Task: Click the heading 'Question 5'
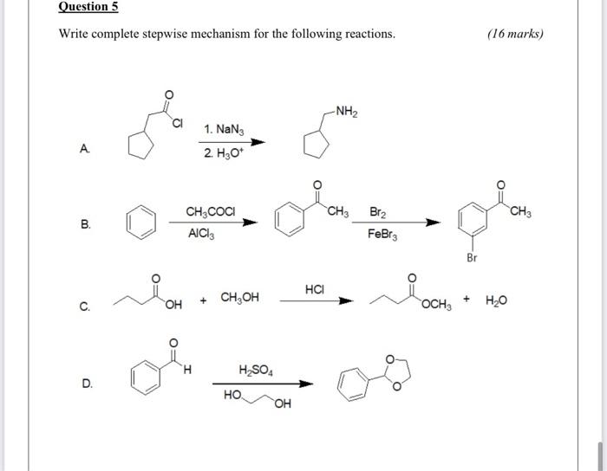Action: click(x=88, y=8)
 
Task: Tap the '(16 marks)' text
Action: click(x=515, y=34)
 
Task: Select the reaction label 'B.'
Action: click(x=85, y=223)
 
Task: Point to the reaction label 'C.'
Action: click(x=85, y=304)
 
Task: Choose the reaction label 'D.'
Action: click(x=86, y=382)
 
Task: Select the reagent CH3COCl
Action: click(x=212, y=210)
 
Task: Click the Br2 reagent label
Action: click(x=379, y=210)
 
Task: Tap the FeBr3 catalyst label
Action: click(x=382, y=234)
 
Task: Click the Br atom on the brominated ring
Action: click(x=472, y=258)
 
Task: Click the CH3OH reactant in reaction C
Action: click(x=240, y=299)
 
